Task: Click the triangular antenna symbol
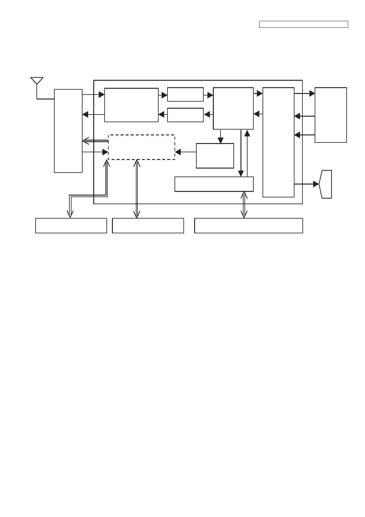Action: click(x=37, y=80)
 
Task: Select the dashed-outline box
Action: click(x=141, y=147)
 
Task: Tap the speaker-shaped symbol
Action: click(x=326, y=184)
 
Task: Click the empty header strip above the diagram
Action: click(x=303, y=24)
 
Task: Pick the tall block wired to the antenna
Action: click(x=68, y=131)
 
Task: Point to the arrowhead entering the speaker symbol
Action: click(x=316, y=184)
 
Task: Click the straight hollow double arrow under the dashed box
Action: click(x=137, y=189)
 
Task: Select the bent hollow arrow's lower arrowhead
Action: click(x=70, y=214)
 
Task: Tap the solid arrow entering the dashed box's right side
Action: click(x=178, y=152)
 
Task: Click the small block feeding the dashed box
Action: click(x=215, y=156)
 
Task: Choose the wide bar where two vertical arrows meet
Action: click(x=214, y=184)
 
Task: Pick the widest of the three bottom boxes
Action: click(x=248, y=226)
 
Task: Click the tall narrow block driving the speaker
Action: click(x=278, y=142)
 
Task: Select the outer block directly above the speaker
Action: click(x=331, y=115)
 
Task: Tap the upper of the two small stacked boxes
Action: click(x=185, y=95)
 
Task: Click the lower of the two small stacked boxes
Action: click(x=185, y=115)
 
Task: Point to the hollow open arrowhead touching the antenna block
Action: click(x=86, y=141)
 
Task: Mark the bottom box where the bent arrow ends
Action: click(x=71, y=226)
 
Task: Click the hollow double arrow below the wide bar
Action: click(x=244, y=205)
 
